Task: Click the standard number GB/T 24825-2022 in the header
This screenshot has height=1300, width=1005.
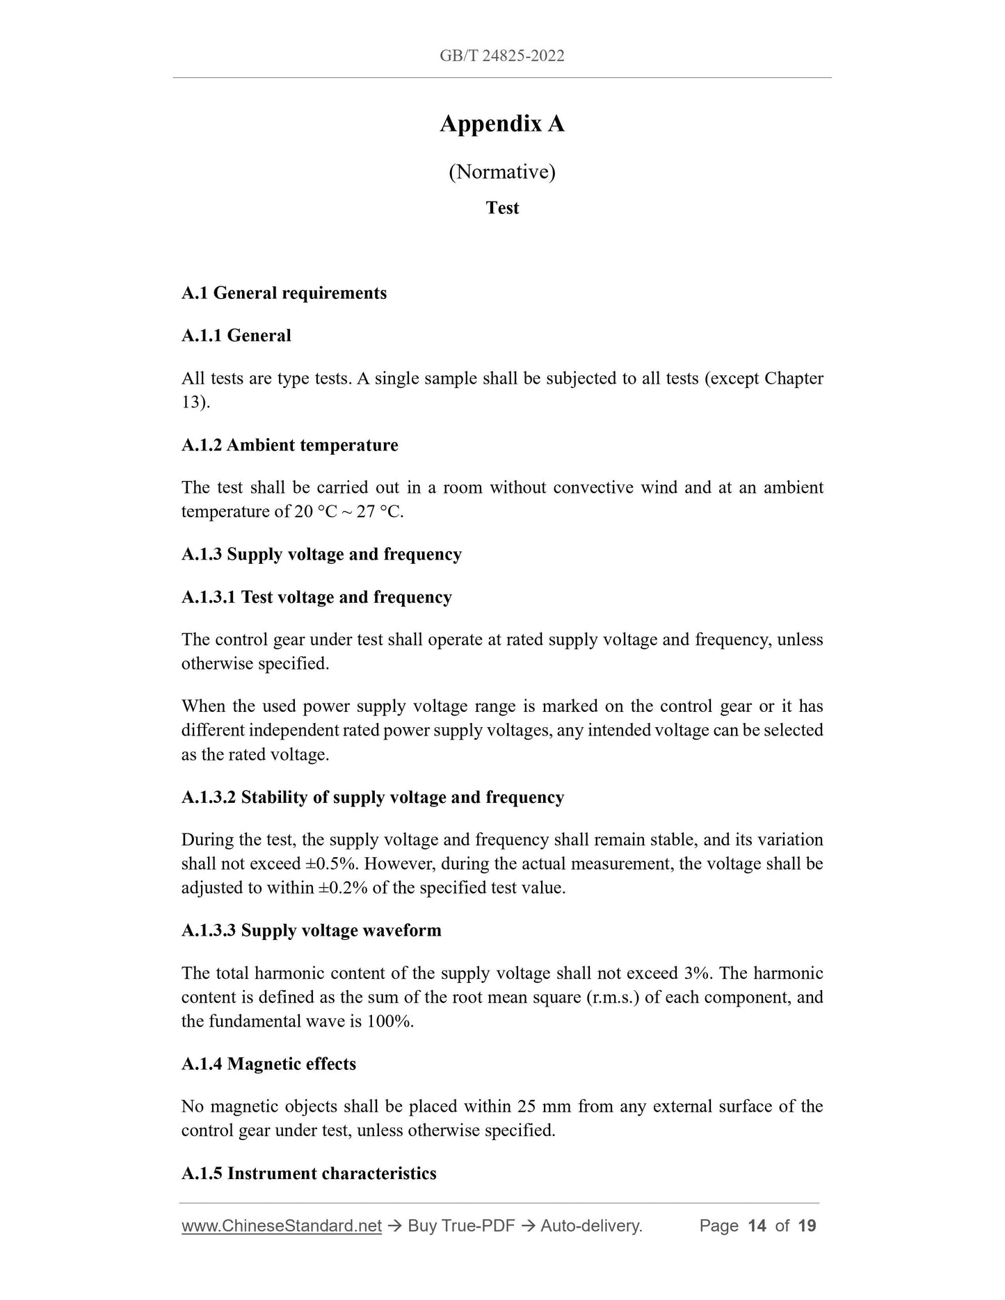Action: click(501, 56)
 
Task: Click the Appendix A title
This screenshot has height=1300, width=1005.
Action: click(501, 124)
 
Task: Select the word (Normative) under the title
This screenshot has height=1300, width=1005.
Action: click(501, 172)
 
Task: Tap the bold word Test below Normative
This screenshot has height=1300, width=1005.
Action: click(502, 209)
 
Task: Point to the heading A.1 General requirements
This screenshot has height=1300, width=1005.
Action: click(284, 293)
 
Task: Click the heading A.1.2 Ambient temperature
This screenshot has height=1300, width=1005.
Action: click(289, 446)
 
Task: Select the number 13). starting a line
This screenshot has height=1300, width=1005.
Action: click(195, 403)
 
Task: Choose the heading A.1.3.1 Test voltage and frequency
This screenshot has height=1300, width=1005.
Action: click(316, 598)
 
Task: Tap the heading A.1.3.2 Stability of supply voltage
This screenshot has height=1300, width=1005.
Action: click(372, 797)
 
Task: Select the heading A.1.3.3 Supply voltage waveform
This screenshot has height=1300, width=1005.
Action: click(311, 931)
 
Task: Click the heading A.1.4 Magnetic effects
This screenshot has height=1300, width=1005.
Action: click(268, 1064)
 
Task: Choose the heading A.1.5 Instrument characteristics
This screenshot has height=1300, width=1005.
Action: click(309, 1173)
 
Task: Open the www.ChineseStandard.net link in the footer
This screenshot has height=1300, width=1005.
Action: click(282, 1226)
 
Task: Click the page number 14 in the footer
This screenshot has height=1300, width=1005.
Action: click(756, 1226)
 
